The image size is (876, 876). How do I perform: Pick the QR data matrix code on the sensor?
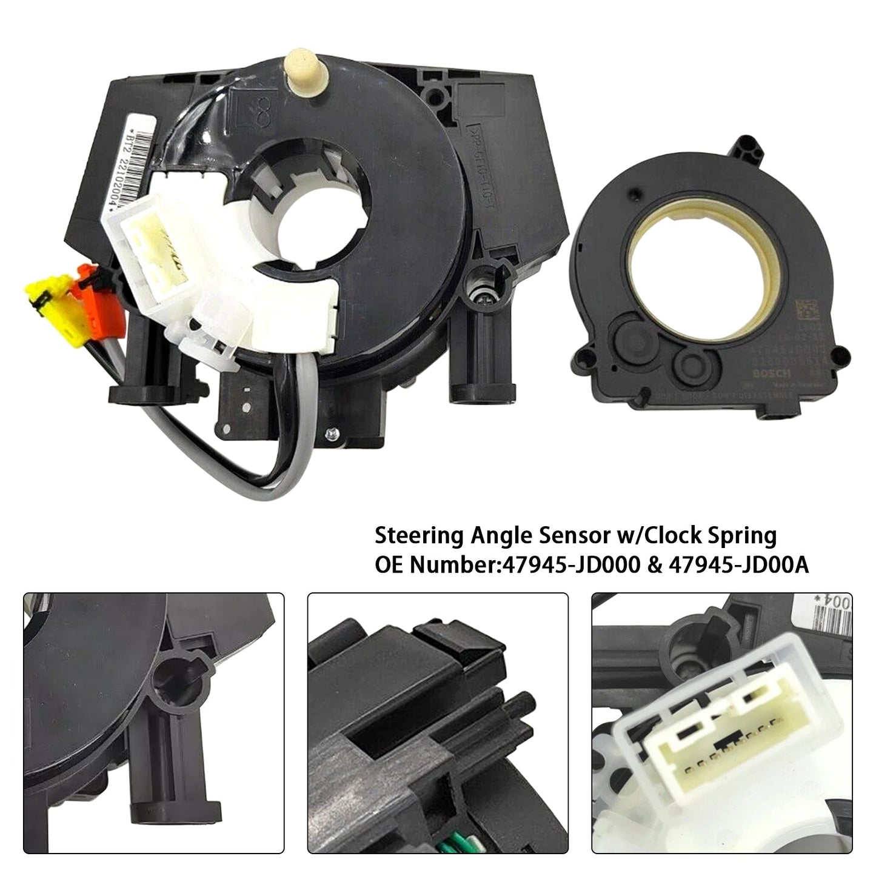(800, 318)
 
